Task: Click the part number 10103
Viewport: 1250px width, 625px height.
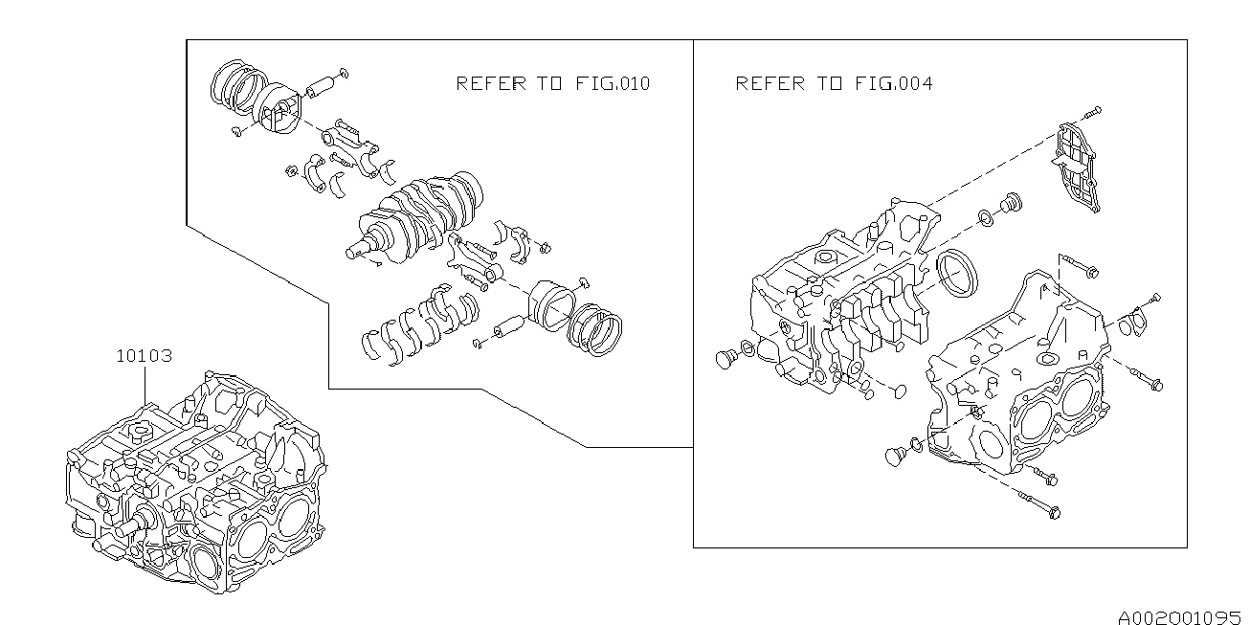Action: [144, 356]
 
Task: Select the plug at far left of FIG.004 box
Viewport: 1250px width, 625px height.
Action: [725, 358]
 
